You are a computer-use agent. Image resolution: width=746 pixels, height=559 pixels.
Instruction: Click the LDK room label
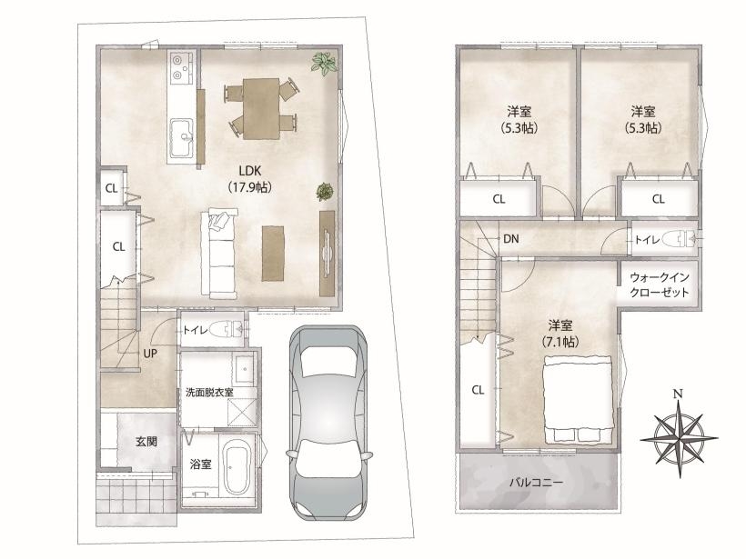[x=250, y=171]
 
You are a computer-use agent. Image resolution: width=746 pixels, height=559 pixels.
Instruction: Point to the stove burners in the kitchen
[x=179, y=67]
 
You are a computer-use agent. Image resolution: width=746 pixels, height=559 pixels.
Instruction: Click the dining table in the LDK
[x=261, y=108]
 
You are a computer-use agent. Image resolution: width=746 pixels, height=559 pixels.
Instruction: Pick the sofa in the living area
[x=219, y=255]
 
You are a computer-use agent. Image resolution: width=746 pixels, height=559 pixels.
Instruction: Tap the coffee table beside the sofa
[x=273, y=254]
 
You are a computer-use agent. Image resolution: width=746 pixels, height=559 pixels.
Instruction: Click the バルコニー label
[x=536, y=483]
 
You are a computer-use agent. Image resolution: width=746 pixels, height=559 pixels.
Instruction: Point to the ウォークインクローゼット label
[x=659, y=284]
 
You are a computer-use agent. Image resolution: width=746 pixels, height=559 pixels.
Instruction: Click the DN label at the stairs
[x=511, y=239]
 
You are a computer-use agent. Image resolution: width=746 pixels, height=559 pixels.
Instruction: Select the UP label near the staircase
[x=150, y=354]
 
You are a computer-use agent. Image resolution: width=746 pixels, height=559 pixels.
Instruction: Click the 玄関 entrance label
[x=146, y=441]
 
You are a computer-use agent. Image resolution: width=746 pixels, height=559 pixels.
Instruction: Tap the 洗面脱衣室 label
[x=209, y=393]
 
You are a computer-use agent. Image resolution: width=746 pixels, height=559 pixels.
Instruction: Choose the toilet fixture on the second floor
[x=681, y=239]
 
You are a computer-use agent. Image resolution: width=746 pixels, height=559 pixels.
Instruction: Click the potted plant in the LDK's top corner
[x=325, y=64]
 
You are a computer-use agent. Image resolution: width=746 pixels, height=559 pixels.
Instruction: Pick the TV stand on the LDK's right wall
[x=328, y=253]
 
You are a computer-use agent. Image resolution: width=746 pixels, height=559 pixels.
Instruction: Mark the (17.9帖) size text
[x=250, y=187]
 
